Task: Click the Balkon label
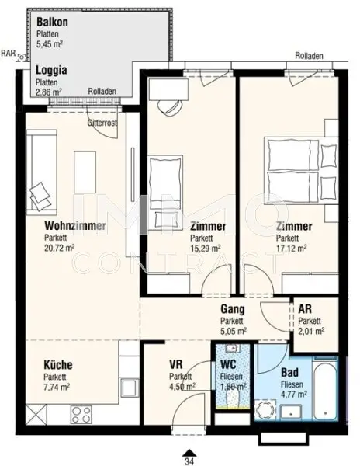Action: coord(53,23)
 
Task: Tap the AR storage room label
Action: coord(306,308)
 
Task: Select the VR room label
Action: coord(176,364)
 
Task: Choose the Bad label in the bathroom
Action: coord(289,371)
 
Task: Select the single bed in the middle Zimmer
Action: coord(165,180)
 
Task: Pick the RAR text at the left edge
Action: coord(8,54)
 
